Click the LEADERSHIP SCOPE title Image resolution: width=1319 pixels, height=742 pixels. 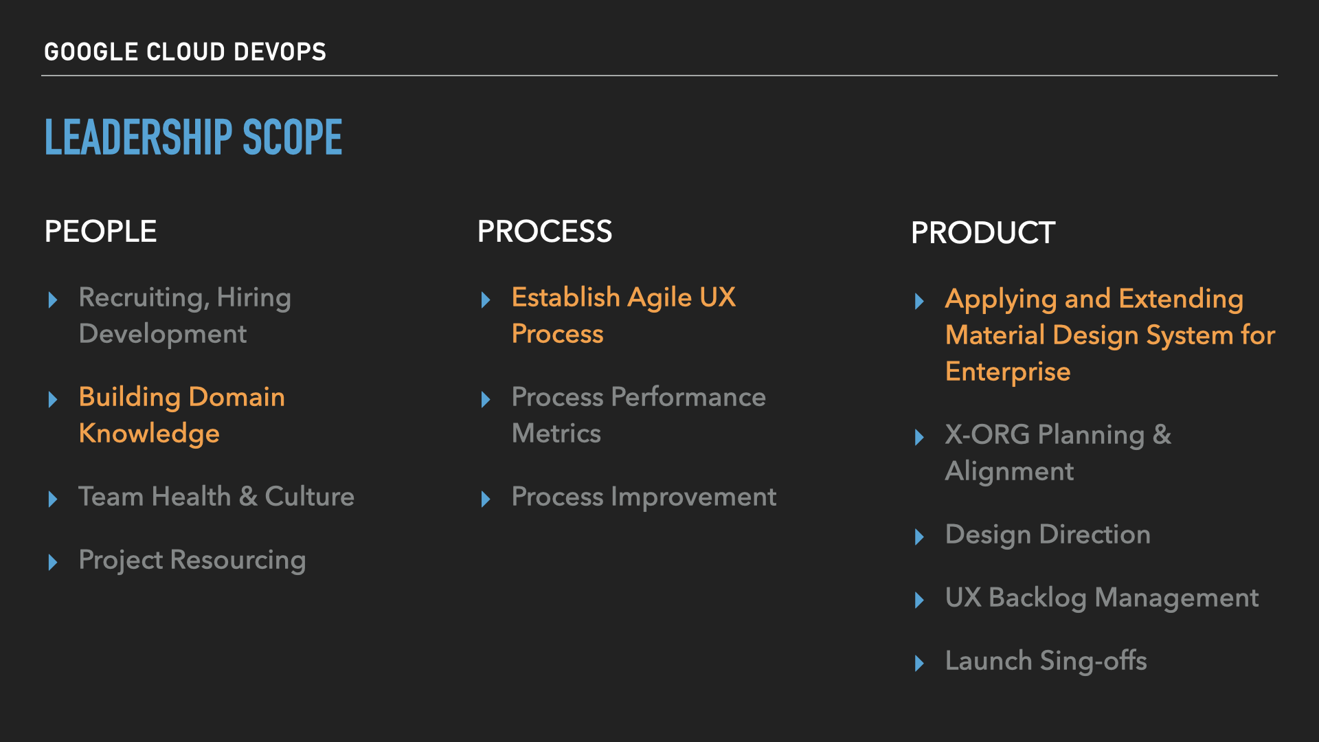coord(193,137)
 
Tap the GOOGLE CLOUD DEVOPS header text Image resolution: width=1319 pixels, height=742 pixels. coord(185,52)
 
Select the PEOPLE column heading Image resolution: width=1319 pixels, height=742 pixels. coord(100,232)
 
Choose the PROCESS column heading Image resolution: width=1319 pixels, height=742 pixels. coord(544,232)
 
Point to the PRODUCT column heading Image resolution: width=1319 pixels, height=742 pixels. coord(982,233)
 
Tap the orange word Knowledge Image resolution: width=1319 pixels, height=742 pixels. coord(149,434)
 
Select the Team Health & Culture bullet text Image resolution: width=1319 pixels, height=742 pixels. coord(216,497)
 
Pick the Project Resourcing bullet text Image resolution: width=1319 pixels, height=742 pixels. coord(192,560)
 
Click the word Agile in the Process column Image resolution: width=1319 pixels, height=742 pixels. coord(659,298)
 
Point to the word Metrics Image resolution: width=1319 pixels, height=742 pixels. coord(556,434)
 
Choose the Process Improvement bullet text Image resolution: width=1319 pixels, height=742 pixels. coord(644,497)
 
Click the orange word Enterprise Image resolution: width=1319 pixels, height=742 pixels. coord(1008,372)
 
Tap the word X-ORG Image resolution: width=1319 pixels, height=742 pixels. coord(987,435)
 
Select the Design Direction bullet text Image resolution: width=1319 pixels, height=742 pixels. coord(1048,535)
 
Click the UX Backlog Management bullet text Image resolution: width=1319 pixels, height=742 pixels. coord(1102,598)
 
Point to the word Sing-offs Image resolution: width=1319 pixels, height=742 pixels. coord(1093,661)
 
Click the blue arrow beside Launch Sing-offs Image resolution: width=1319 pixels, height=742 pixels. coord(919,663)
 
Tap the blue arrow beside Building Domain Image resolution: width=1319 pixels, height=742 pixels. coord(53,399)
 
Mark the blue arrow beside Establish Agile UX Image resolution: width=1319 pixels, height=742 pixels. coord(486,300)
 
